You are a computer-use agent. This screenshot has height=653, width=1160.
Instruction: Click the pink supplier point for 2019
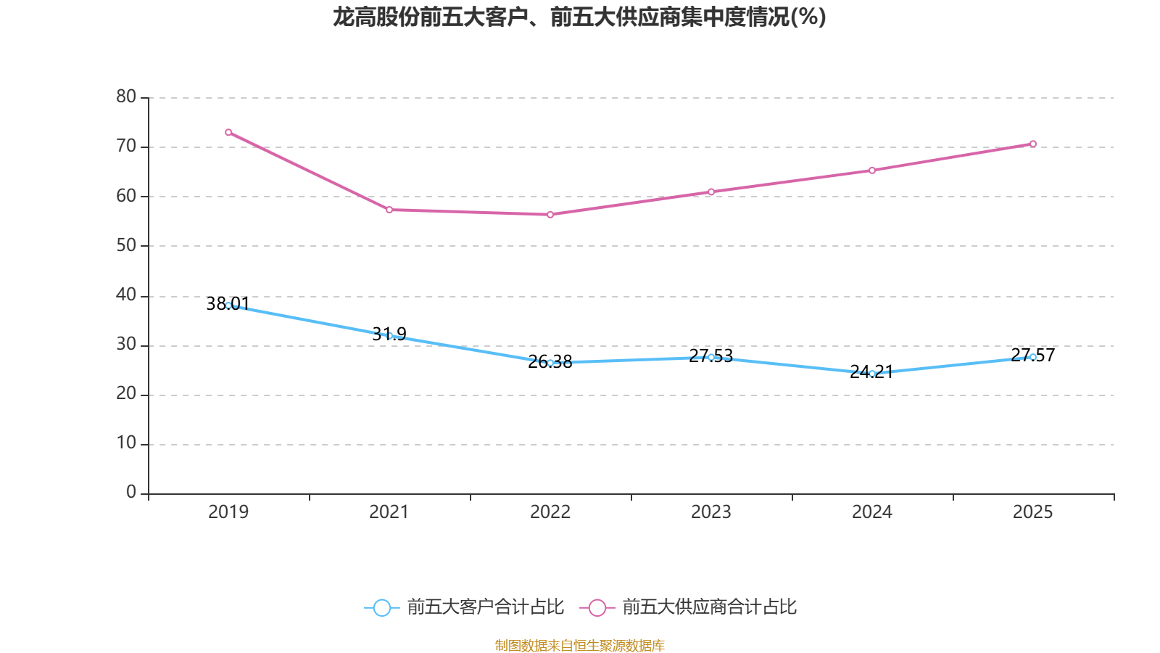[228, 132]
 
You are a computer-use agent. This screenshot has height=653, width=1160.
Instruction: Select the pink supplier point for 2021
[389, 210]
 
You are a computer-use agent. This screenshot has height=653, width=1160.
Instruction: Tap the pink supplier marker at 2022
[550, 215]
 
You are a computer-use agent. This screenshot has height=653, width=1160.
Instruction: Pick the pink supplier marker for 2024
[872, 171]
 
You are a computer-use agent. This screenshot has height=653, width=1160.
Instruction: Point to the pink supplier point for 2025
[1033, 144]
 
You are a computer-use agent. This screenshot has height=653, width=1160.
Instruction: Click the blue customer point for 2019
[228, 305]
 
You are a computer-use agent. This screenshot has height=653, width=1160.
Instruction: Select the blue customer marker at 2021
[389, 336]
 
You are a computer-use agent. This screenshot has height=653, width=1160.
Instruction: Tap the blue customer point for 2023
[711, 357]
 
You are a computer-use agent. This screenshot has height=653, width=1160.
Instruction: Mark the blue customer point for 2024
[872, 374]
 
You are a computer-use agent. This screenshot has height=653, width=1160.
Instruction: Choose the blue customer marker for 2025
[1033, 357]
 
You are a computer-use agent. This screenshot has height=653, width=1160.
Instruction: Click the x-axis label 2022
[550, 512]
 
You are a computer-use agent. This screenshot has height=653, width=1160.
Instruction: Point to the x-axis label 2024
[872, 512]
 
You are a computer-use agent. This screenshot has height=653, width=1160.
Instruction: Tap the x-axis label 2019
[228, 512]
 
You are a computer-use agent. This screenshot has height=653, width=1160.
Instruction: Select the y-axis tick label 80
[126, 96]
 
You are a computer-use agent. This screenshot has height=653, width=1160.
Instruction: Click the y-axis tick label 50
[126, 245]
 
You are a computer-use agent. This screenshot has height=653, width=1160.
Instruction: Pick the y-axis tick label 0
[131, 493]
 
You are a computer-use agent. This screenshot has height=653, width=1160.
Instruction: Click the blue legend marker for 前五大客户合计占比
[381, 607]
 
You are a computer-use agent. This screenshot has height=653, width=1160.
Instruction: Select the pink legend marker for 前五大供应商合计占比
[597, 607]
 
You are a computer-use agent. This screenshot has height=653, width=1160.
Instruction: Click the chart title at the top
[579, 17]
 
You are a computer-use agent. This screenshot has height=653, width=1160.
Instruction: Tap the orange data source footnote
[579, 645]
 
